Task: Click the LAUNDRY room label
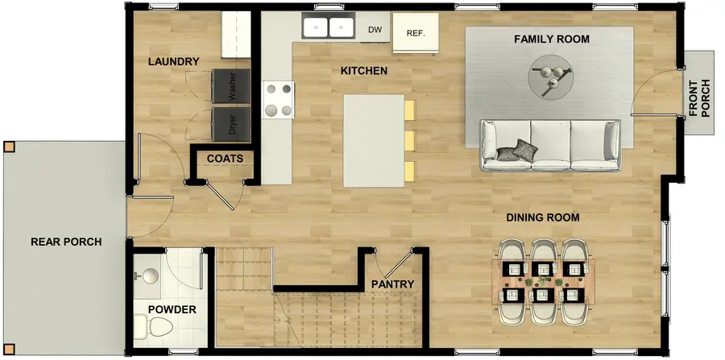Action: pos(173,61)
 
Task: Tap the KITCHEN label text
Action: pos(364,71)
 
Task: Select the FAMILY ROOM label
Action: pos(552,39)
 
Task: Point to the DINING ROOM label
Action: pos(543,217)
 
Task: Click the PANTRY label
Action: pos(393,284)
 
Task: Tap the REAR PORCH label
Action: pos(66,242)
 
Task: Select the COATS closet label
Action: pos(225,159)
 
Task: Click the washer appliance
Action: pos(232,87)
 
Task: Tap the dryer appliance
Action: pos(232,123)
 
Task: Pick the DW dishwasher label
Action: pos(375,31)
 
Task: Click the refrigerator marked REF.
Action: pos(416,34)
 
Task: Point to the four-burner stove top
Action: pos(278,100)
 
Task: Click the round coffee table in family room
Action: pos(552,77)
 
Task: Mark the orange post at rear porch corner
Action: pos(9,147)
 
